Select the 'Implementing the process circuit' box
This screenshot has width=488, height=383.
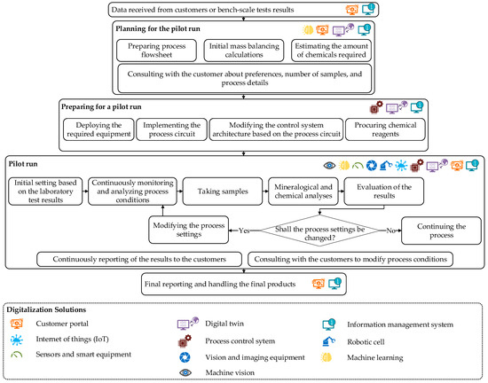(x=173, y=130)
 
